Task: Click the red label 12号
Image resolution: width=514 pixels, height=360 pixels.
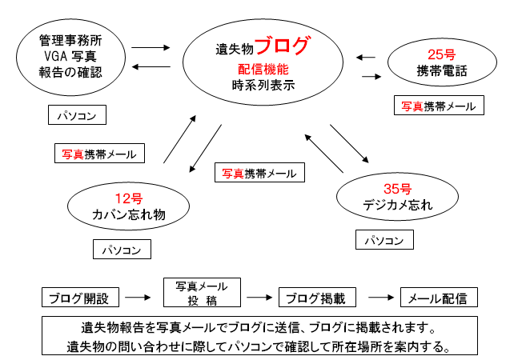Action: point(129,198)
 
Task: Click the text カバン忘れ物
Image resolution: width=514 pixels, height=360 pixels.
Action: point(129,214)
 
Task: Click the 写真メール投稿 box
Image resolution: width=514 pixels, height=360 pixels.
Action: point(196,293)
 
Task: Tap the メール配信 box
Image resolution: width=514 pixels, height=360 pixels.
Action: point(437,298)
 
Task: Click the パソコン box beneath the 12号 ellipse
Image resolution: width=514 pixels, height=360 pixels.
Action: point(122,250)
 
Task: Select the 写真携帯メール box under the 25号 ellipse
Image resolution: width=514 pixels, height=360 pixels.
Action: point(439,106)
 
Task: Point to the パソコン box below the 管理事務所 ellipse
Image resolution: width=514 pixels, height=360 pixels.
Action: point(76,116)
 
